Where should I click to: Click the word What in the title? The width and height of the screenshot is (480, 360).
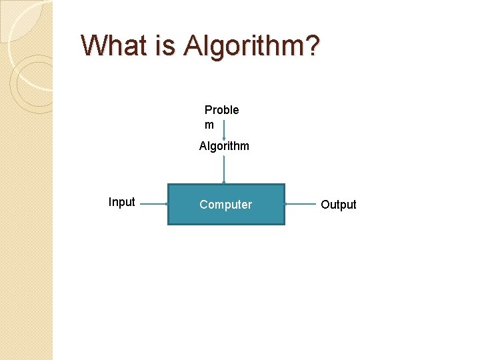(x=116, y=45)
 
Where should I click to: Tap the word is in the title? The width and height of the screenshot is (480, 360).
(x=167, y=45)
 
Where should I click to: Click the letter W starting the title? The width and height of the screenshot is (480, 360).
(x=93, y=45)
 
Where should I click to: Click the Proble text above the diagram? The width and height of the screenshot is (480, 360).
(x=221, y=110)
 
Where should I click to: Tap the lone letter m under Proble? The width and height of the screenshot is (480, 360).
(x=209, y=125)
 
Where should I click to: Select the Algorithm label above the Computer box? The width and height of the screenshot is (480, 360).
(x=224, y=146)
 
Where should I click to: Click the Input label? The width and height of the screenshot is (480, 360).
(x=121, y=202)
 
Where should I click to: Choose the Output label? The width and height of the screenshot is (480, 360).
(x=339, y=205)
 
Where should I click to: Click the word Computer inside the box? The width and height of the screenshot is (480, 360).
(x=225, y=205)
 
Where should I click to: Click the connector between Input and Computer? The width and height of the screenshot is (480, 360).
(x=151, y=204)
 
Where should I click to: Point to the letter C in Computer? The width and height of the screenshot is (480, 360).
(x=203, y=205)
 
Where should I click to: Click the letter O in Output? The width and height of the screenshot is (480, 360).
(x=325, y=205)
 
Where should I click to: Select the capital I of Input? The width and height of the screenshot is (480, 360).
(x=110, y=202)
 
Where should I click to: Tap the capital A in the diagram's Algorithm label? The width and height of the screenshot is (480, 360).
(x=203, y=146)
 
